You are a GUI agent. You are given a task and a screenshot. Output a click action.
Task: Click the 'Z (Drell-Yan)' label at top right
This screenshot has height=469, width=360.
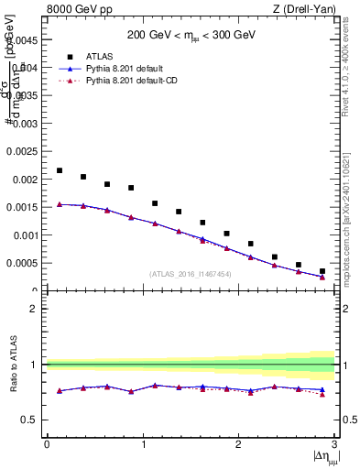[x=308, y=9]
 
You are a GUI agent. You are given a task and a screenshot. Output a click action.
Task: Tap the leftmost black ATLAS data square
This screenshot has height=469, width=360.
[x=60, y=170]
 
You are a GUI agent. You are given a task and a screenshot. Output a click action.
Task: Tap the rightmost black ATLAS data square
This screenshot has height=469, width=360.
[x=322, y=271]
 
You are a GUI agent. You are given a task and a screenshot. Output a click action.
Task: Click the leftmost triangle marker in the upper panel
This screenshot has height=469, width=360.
[x=60, y=204]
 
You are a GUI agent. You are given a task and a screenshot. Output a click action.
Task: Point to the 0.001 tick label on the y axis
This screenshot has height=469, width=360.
[x=25, y=235]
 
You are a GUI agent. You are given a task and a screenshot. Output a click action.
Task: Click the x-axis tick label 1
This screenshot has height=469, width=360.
[x=143, y=444]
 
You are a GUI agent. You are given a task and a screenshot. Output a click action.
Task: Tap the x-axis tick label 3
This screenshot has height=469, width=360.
[x=334, y=444]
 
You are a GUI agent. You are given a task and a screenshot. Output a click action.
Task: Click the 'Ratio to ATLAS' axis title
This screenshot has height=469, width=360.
[x=14, y=365]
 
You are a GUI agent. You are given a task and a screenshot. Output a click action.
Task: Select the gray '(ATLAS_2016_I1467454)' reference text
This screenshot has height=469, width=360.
[x=191, y=274]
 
